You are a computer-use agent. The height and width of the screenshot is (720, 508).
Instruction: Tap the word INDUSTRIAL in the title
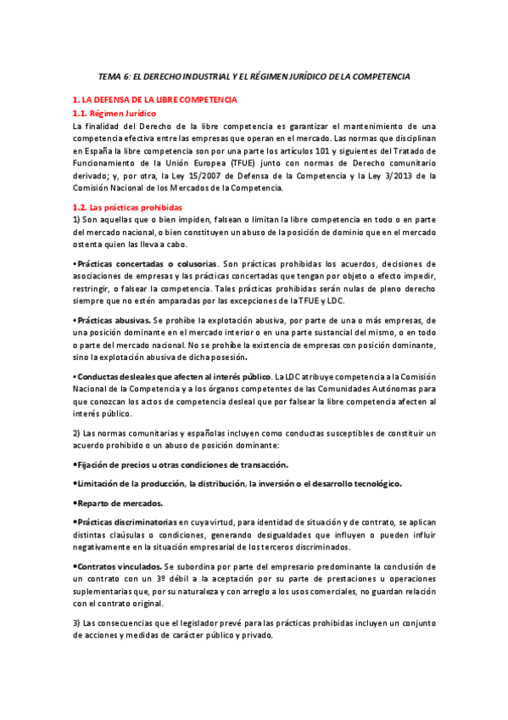[x=207, y=76]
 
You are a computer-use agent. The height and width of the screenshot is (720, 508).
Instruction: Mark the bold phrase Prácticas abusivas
[x=113, y=319]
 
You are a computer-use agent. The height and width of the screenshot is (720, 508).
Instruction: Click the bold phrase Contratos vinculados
[x=117, y=565]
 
